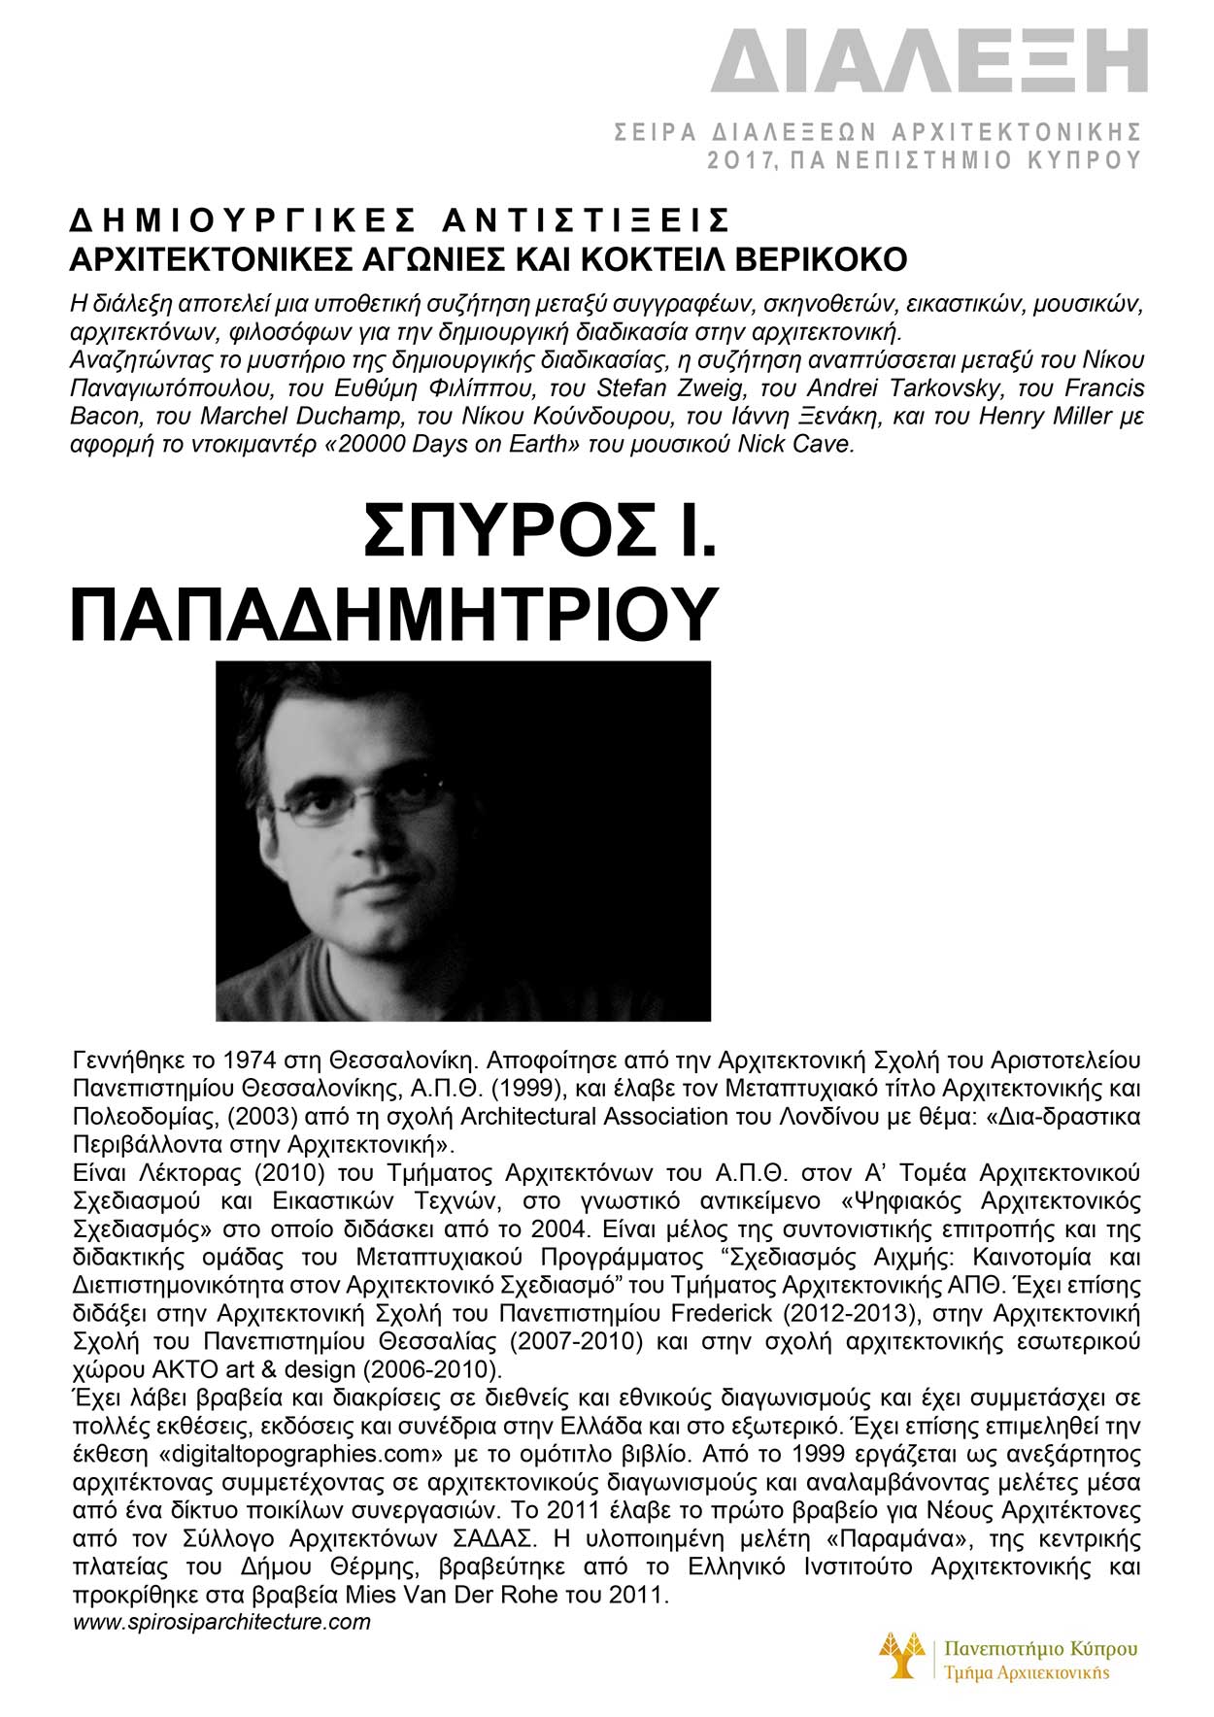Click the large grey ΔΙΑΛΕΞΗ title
point(928,61)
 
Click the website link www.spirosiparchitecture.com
point(221,1622)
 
